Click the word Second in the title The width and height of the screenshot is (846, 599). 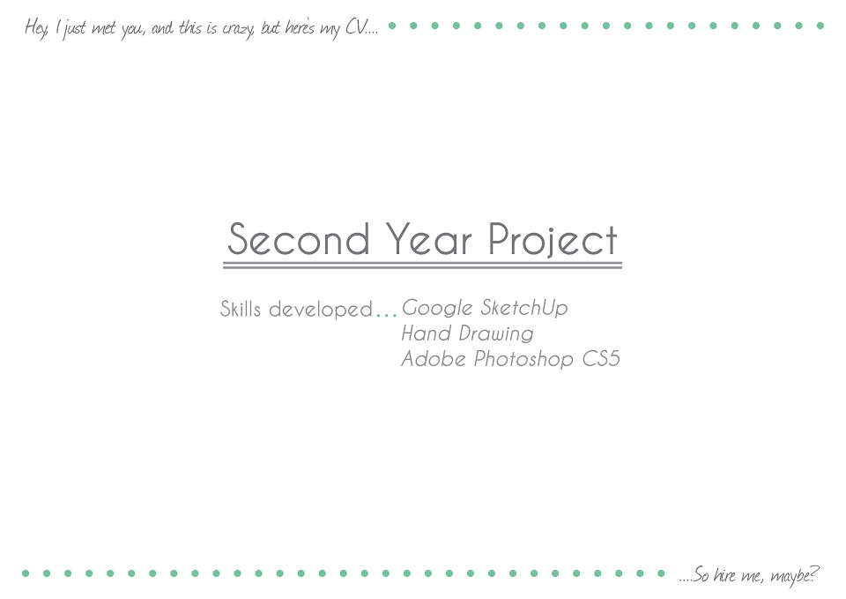tap(299, 239)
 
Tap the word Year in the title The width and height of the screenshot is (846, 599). tap(428, 239)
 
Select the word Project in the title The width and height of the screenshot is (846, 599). tap(553, 241)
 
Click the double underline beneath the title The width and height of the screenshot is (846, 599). tap(422, 266)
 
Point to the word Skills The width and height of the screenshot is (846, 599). tap(240, 309)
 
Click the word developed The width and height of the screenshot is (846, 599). tap(321, 310)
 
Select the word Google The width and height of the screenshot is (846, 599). tap(437, 308)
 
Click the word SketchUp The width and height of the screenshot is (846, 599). tap(523, 308)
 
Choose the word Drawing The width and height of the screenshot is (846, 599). tap(496, 334)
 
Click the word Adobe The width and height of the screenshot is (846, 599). tap(434, 359)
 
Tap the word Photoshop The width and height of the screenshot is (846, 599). tap(523, 360)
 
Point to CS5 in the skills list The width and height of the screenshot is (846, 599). tap(601, 359)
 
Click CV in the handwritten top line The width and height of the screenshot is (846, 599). tap(355, 27)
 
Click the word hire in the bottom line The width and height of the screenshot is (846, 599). tap(724, 574)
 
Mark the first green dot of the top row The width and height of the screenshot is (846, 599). tap(392, 26)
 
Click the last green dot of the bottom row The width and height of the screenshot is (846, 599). tap(661, 573)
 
